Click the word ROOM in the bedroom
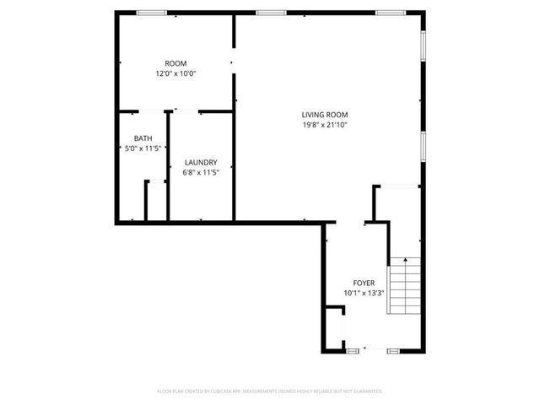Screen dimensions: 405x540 click(x=175, y=64)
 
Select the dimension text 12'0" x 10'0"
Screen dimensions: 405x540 click(x=175, y=74)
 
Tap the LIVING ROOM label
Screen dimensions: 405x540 click(x=325, y=115)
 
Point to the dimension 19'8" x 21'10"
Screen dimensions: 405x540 click(x=325, y=125)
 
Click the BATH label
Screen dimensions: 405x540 click(x=143, y=138)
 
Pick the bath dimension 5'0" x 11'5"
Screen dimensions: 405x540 click(x=143, y=148)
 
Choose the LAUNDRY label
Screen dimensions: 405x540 click(x=202, y=163)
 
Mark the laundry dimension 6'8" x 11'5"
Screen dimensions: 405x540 click(x=202, y=173)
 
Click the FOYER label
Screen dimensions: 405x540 click(x=364, y=283)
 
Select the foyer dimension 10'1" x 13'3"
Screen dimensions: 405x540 click(x=364, y=293)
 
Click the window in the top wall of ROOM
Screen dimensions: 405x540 click(x=151, y=12)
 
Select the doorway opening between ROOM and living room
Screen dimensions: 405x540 click(x=234, y=62)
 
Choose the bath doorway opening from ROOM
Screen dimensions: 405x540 click(x=148, y=111)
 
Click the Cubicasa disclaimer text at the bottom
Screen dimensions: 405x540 click(x=270, y=391)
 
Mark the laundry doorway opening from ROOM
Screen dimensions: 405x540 click(x=186, y=111)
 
